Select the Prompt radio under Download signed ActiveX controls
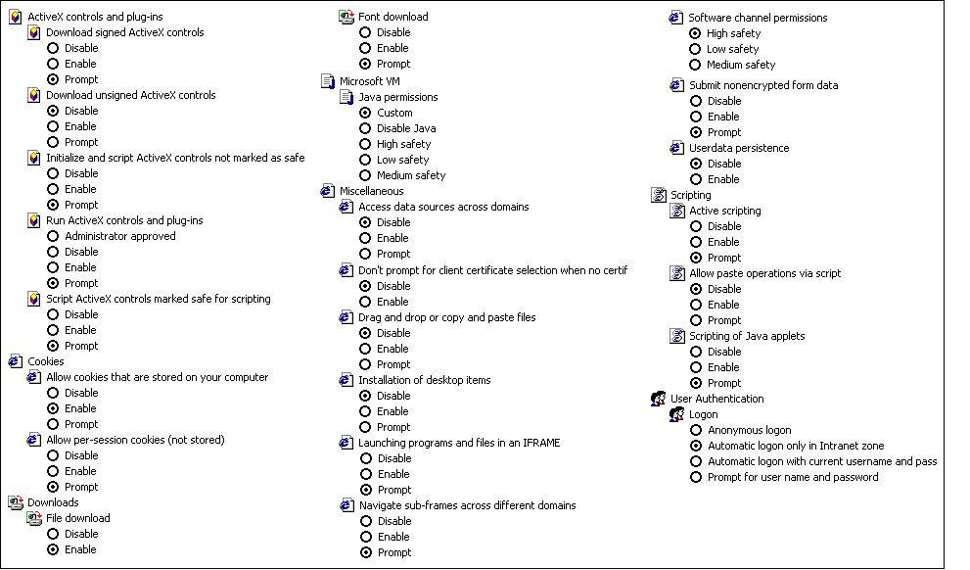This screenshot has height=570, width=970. click(x=53, y=79)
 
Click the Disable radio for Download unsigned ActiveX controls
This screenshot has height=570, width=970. click(x=53, y=111)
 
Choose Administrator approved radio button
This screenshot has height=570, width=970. click(x=53, y=236)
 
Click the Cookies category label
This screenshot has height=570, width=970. click(x=46, y=361)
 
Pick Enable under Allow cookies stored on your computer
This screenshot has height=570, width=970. click(x=53, y=408)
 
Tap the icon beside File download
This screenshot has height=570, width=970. click(x=34, y=519)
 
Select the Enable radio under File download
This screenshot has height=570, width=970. click(x=53, y=549)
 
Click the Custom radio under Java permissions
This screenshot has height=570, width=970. click(x=366, y=113)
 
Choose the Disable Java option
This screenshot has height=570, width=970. click(x=366, y=128)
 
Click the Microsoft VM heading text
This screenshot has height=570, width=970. click(x=370, y=81)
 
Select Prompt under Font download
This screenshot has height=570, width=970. click(x=366, y=64)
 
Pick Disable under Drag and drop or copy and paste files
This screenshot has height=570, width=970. click(x=366, y=333)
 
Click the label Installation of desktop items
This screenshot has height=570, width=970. click(x=425, y=380)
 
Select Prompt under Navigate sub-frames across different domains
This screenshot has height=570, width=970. click(x=366, y=552)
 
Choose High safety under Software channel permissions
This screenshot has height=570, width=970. click(x=695, y=33)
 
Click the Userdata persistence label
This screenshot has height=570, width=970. click(x=739, y=148)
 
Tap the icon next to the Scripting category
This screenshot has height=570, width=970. click(x=658, y=195)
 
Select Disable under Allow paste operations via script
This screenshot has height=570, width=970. click(x=696, y=289)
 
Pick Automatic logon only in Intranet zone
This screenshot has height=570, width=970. click(x=696, y=446)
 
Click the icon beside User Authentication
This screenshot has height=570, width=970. click(x=658, y=399)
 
